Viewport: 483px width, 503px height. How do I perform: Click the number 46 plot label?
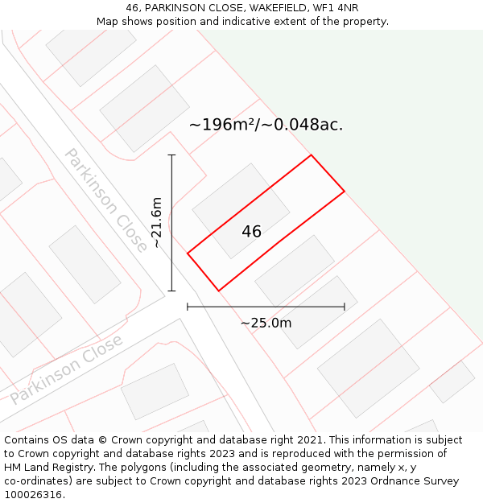tap(251, 232)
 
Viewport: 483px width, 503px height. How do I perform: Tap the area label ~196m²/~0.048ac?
tap(266, 125)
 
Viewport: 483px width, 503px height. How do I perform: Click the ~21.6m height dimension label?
tap(157, 222)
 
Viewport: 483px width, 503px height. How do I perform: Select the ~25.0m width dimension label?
tap(266, 323)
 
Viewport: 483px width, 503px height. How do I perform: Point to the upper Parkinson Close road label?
tap(106, 199)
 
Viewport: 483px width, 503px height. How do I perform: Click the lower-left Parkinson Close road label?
tap(67, 369)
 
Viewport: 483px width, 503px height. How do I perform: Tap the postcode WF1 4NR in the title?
tap(336, 8)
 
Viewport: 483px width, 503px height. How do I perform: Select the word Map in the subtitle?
tap(109, 21)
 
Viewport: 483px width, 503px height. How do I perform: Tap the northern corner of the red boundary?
tap(311, 155)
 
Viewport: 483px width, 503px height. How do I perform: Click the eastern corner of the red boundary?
tap(345, 192)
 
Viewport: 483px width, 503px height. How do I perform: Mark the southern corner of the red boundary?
tap(218, 291)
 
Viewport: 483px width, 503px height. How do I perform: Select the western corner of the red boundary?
tap(188, 254)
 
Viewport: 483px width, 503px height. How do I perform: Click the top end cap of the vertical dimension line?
tap(171, 155)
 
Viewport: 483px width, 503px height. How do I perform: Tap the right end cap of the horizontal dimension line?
tap(345, 307)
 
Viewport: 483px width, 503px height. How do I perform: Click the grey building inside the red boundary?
tap(241, 211)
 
